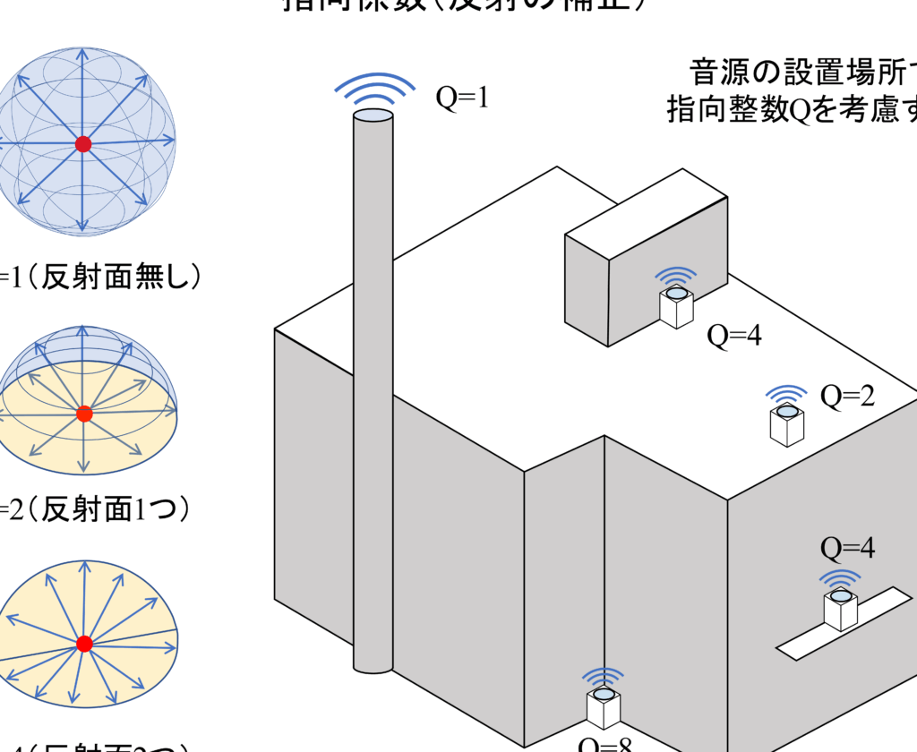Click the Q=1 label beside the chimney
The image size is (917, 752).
(x=462, y=97)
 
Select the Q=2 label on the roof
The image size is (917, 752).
(x=847, y=396)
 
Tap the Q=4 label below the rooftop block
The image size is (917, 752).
(x=734, y=336)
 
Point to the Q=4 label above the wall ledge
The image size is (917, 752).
(x=847, y=547)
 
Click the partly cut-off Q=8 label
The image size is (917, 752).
(x=605, y=743)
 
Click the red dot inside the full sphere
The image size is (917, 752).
(x=83, y=143)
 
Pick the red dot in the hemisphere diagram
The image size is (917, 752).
(x=84, y=414)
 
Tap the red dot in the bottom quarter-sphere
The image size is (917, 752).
(x=84, y=644)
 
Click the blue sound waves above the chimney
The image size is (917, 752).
(x=374, y=89)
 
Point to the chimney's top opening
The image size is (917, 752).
(x=373, y=115)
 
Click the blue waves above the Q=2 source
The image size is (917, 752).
(x=787, y=394)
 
